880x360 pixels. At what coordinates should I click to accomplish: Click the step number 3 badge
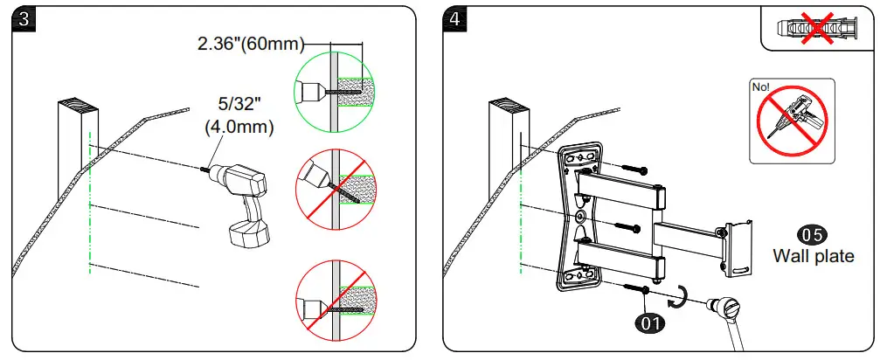24,20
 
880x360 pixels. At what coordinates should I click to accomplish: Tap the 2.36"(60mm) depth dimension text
252,43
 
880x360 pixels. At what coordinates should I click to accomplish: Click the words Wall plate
813,257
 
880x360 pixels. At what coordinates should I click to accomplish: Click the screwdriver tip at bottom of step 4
726,307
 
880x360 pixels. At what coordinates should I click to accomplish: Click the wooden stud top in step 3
78,107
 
